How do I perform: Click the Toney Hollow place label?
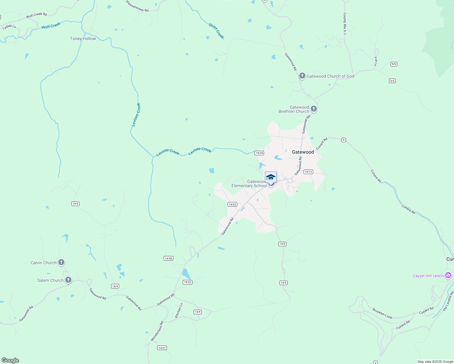[x=83, y=39]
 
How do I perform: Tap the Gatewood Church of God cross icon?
[x=302, y=76]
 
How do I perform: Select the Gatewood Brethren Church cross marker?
[x=314, y=109]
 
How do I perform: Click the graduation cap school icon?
[x=271, y=177]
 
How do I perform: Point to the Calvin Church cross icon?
[x=61, y=262]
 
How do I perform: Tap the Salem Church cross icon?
[x=68, y=280]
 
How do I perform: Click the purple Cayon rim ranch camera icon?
[x=448, y=275]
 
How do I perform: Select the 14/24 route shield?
[x=259, y=153]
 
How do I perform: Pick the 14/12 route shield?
[x=308, y=172]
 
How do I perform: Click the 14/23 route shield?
[x=232, y=204]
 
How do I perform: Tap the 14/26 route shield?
[x=168, y=258]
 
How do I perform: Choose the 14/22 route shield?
[x=188, y=282]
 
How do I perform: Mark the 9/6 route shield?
[x=394, y=64]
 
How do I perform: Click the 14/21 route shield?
[x=162, y=348]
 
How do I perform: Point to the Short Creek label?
[x=216, y=31]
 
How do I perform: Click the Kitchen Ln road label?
[x=179, y=310]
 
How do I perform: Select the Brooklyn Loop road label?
[x=382, y=314]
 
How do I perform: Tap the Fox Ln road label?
[x=376, y=61]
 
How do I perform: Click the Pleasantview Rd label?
[x=137, y=6]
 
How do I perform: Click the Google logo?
[x=10, y=360]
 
